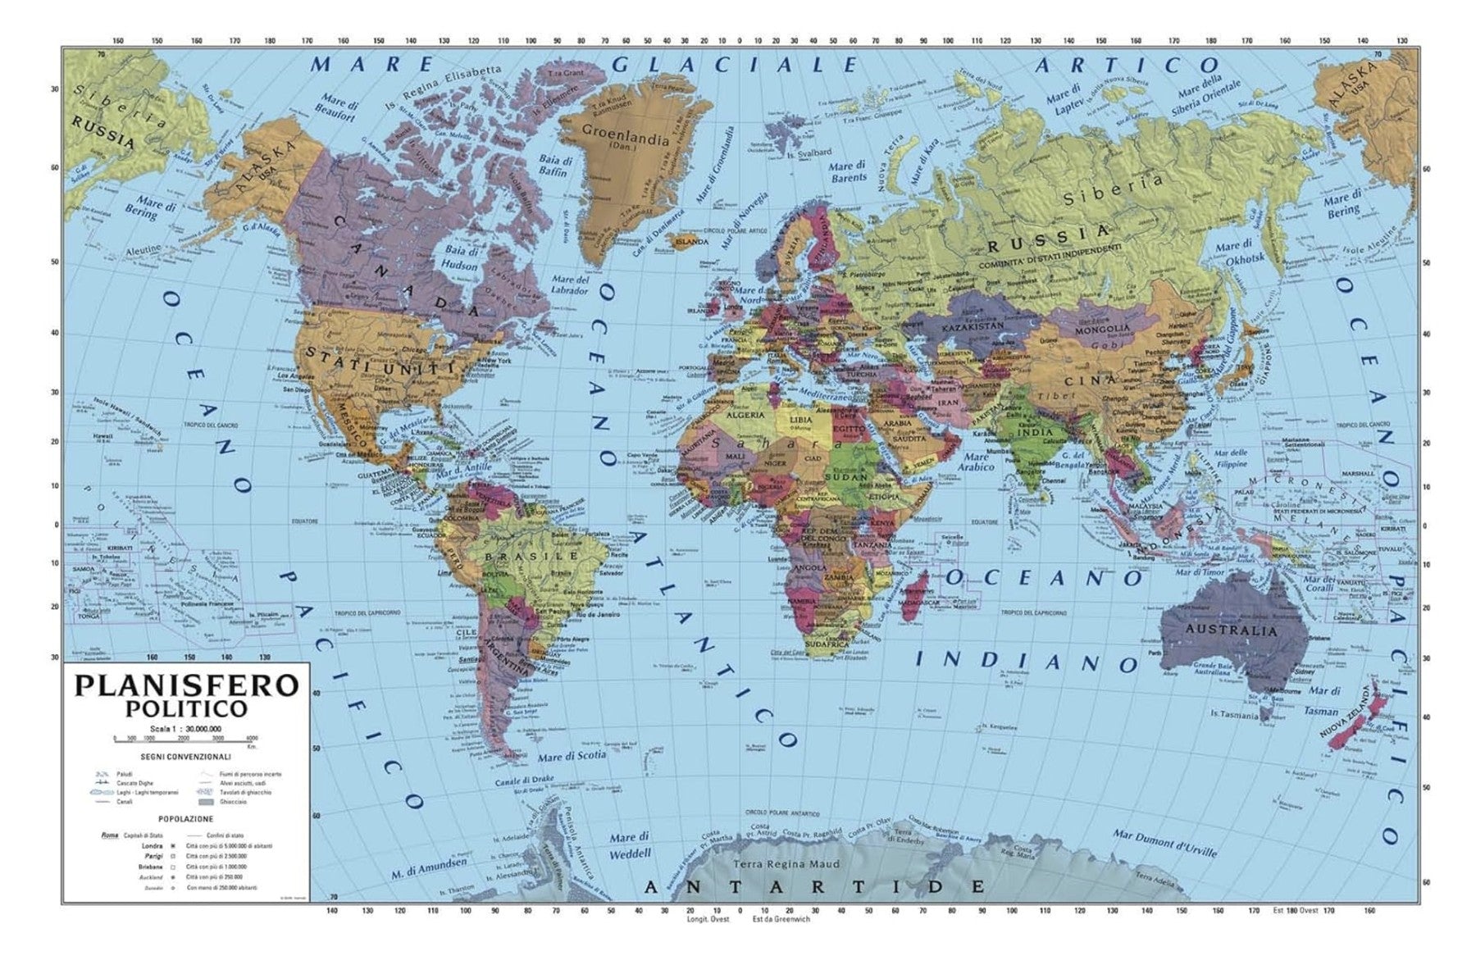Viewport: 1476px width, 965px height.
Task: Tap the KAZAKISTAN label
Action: [x=973, y=326]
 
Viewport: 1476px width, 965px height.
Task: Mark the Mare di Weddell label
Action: [x=630, y=845]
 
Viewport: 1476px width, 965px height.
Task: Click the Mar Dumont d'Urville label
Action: [x=1164, y=844]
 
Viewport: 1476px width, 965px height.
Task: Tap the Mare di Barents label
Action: [x=849, y=171]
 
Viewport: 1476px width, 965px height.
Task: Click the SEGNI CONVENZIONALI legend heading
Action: [x=185, y=756]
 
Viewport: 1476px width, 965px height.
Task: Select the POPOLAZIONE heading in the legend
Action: [x=186, y=818]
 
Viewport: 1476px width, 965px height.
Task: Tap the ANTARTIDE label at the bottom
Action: [x=814, y=886]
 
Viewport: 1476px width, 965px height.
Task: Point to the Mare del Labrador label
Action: [x=571, y=284]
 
